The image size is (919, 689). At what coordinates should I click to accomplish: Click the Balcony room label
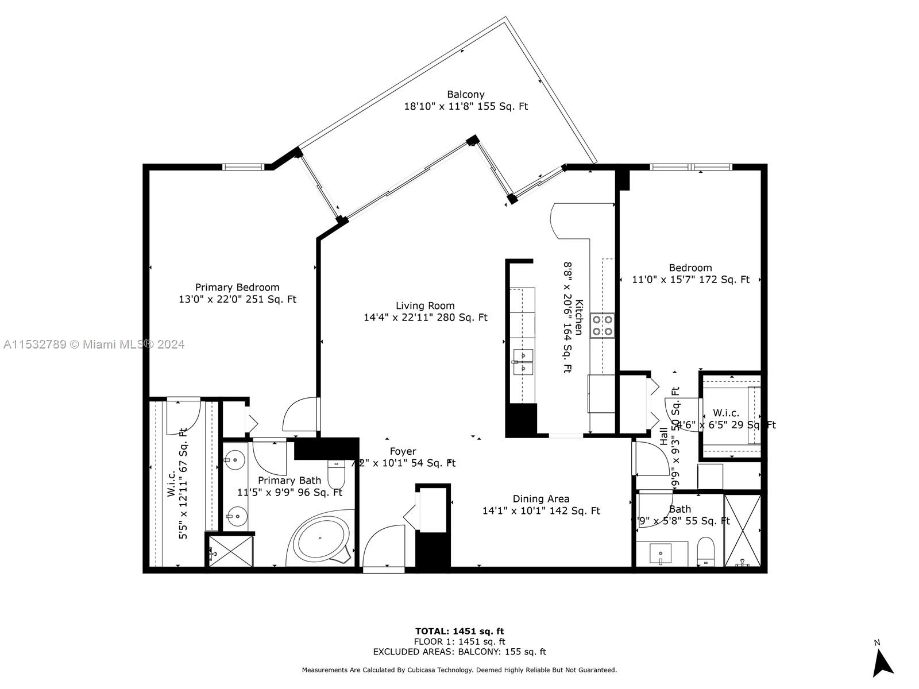click(x=466, y=94)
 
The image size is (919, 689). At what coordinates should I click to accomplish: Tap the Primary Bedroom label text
click(x=237, y=287)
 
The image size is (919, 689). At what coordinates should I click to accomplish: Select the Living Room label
click(x=425, y=305)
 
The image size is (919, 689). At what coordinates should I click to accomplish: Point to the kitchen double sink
click(x=523, y=362)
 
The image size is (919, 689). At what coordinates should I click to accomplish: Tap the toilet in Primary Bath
click(x=335, y=474)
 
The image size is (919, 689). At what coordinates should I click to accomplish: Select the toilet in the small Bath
click(x=705, y=551)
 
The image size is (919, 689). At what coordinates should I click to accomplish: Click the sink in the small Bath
click(x=661, y=554)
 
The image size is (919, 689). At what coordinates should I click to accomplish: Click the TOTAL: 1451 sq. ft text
click(x=459, y=631)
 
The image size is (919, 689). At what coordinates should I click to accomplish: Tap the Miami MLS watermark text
click(x=94, y=344)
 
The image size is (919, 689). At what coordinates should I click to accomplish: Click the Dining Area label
click(x=541, y=499)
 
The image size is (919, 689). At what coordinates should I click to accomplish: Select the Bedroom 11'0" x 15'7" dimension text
click(x=690, y=280)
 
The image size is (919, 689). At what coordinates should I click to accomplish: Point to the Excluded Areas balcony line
click(x=459, y=652)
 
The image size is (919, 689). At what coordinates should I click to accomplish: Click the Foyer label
click(x=403, y=451)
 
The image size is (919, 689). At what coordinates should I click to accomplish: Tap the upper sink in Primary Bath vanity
click(x=235, y=460)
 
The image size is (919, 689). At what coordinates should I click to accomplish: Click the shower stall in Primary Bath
click(x=230, y=551)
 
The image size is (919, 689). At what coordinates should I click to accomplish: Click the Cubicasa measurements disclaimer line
click(x=459, y=670)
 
